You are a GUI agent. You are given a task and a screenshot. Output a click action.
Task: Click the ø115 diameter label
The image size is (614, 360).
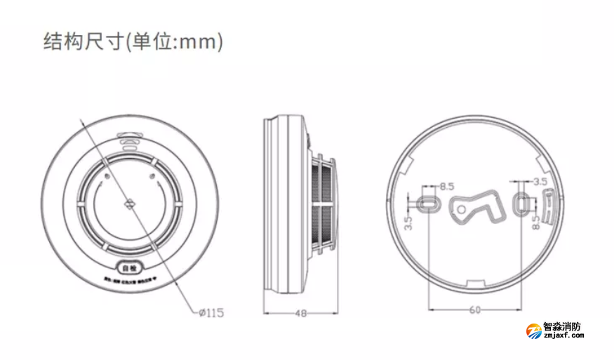point(211,313)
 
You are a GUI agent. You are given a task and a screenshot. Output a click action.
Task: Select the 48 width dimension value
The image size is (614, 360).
point(300,314)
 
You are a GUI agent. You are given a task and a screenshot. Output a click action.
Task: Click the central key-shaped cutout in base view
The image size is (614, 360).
point(476,206)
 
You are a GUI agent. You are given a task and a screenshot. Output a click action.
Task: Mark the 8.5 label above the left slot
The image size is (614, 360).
point(447,187)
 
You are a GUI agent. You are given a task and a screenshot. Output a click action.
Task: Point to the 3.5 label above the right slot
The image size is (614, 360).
point(540,182)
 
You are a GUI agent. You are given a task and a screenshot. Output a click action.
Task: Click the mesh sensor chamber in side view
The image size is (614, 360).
point(322,204)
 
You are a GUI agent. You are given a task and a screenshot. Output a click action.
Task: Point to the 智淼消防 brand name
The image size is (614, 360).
point(563,327)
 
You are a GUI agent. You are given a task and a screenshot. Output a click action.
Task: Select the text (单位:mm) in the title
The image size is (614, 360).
point(175,41)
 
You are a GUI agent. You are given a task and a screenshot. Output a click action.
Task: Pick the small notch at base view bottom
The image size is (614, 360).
point(475,284)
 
